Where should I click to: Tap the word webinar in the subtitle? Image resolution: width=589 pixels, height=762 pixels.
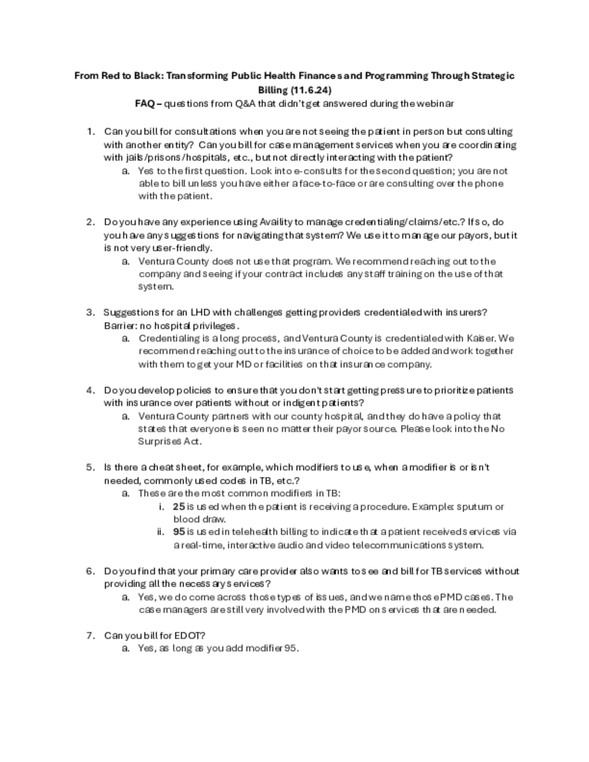(433, 103)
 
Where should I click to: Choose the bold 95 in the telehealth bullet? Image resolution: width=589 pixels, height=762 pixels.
(179, 532)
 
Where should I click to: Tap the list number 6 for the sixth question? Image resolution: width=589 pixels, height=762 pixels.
(90, 571)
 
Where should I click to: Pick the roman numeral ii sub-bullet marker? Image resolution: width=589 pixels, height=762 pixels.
(161, 532)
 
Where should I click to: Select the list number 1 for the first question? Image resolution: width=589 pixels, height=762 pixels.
(90, 131)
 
